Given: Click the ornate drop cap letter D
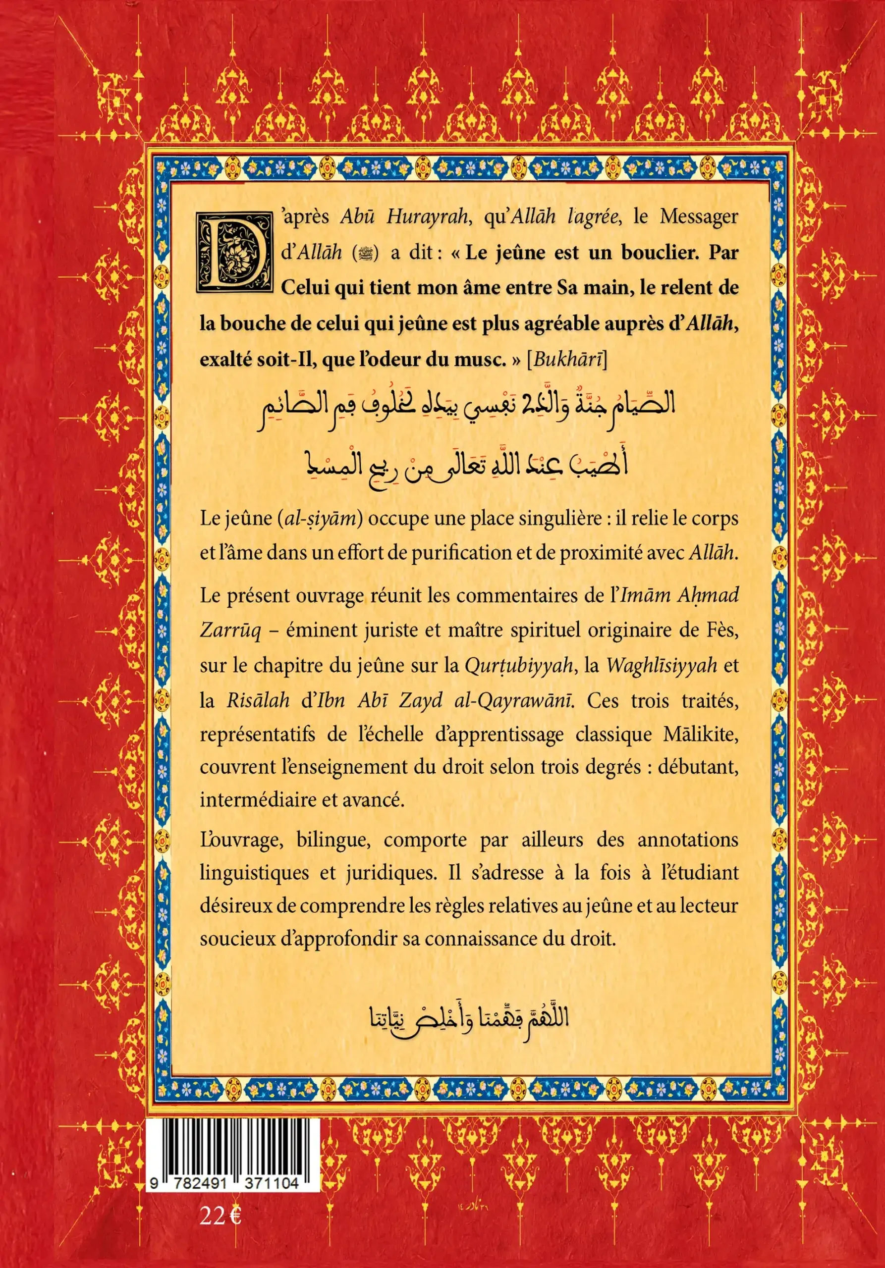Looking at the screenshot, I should click(234, 253).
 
